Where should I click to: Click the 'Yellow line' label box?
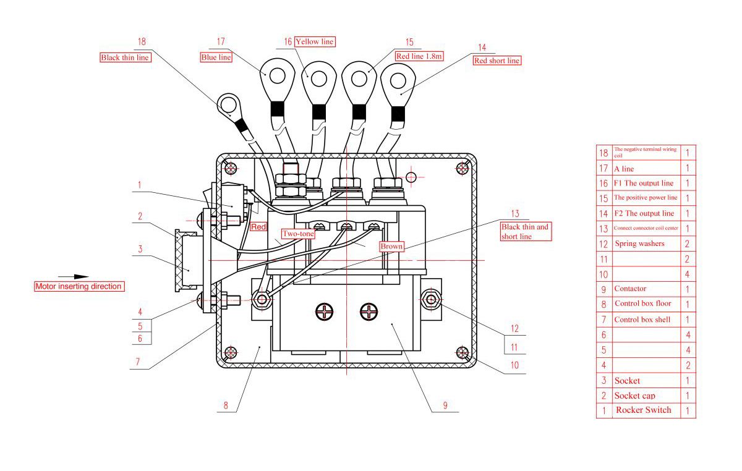(315, 41)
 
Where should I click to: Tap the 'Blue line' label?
(216, 57)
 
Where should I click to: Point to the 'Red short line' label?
(497, 61)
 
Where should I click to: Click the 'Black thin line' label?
(125, 57)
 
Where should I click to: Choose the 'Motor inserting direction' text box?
(79, 286)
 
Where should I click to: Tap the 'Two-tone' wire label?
(299, 234)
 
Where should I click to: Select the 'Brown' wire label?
(391, 246)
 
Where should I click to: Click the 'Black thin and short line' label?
(525, 231)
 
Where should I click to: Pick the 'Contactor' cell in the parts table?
(630, 289)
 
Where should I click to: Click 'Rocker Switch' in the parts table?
(643, 410)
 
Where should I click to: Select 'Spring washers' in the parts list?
(639, 244)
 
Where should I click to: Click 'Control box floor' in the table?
(642, 303)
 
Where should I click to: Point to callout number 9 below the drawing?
(445, 405)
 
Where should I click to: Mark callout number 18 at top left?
(142, 42)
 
